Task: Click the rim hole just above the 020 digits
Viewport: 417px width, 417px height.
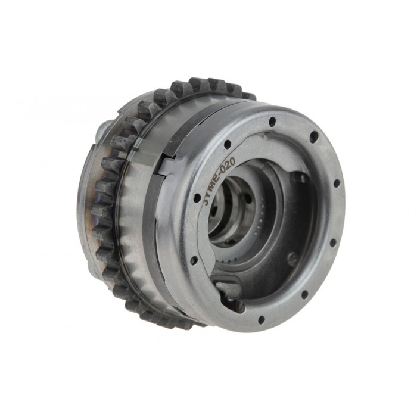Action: pos(227,143)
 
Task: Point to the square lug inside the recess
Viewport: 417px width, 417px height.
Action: pos(299,178)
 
